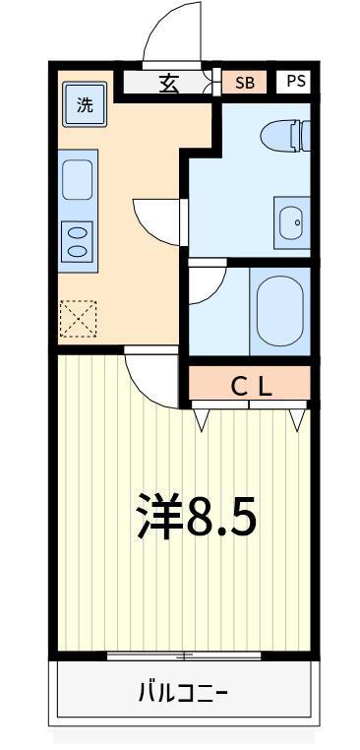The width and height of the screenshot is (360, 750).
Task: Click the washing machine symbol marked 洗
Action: (x=85, y=103)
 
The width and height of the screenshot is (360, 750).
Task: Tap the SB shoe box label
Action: (x=244, y=83)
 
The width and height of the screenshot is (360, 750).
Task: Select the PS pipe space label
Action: (x=296, y=81)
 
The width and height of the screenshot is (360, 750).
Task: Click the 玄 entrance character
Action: (x=170, y=85)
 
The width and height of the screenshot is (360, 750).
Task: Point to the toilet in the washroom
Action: (x=285, y=136)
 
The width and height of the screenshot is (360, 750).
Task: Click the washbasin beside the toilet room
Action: (x=291, y=222)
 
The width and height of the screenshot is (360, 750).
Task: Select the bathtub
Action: (x=279, y=311)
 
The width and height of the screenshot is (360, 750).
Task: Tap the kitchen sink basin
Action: (x=78, y=179)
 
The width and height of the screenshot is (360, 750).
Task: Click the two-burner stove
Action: (x=78, y=241)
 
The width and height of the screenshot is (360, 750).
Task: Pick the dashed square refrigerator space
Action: (x=78, y=319)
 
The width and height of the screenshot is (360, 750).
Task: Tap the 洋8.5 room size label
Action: (x=196, y=516)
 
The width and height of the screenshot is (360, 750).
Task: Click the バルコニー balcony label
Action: (x=184, y=692)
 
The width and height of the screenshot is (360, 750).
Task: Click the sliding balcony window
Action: (x=184, y=656)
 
